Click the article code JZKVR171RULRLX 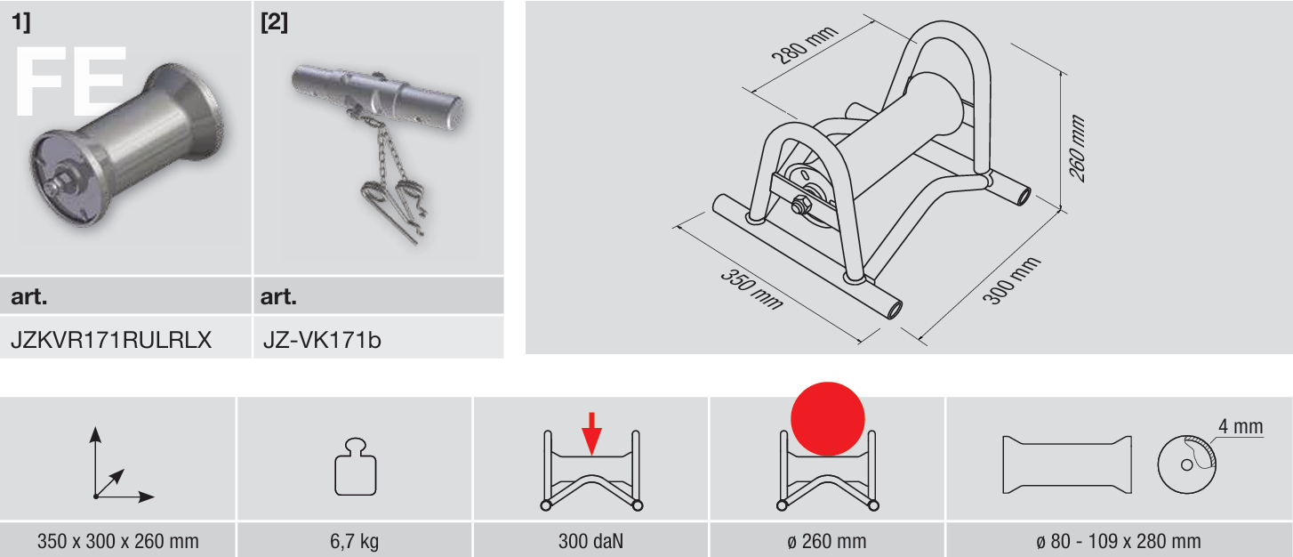111,340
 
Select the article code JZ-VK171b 322,340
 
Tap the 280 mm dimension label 804,44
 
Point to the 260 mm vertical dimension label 1077,149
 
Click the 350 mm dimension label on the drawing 751,289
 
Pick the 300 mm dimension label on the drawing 1011,281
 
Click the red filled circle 827,419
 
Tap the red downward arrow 591,433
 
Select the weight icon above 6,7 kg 355,466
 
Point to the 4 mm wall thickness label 1241,426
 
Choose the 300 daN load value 590,541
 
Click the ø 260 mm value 827,541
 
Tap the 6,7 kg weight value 355,541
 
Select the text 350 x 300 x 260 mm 117,541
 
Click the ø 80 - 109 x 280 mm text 1118,541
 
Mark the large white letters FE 70,82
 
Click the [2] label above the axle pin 274,22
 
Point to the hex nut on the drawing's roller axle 800,206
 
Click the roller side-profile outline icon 1067,464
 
